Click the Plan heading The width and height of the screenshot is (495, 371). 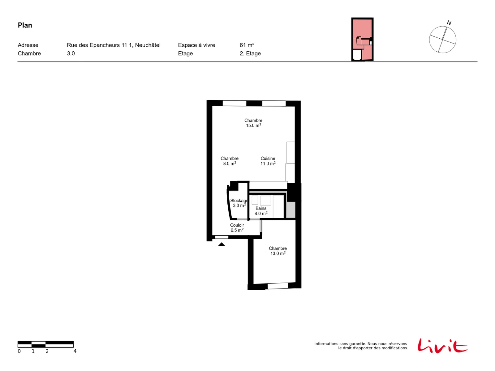point(25,25)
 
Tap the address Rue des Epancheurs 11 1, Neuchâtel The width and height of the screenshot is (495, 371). point(114,45)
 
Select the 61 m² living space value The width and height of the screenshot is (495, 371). point(247,45)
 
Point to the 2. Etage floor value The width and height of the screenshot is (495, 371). point(250,53)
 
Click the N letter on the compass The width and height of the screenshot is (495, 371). point(449,23)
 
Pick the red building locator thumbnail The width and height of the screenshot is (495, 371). point(362,39)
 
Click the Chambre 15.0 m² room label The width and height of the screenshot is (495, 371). point(253,123)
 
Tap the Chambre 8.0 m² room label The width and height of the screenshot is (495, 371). point(229,161)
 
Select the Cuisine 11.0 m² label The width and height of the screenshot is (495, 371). point(268,161)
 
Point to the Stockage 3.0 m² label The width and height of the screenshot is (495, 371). point(239,203)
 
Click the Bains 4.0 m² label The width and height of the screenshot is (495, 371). point(261,211)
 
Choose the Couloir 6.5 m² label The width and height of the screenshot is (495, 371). point(237,227)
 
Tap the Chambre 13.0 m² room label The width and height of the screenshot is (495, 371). point(278,250)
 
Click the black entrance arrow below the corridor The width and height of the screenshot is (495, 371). point(221,244)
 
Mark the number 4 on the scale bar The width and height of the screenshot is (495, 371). point(75,351)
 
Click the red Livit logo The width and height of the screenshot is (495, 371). point(442,346)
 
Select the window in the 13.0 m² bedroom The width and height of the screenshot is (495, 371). point(278,286)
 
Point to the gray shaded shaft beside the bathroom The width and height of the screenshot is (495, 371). point(291,210)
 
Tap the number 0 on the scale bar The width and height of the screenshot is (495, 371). point(19,351)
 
